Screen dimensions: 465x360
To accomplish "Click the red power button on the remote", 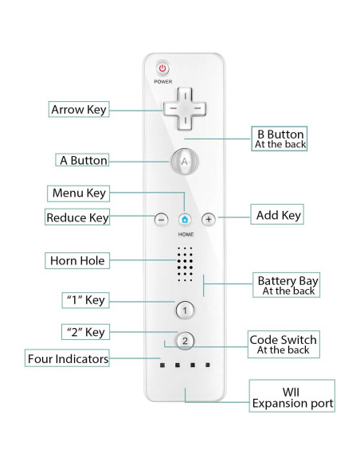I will click(x=162, y=68).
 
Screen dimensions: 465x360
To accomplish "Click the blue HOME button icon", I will click(x=185, y=218).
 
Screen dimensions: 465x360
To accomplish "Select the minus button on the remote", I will click(x=161, y=218).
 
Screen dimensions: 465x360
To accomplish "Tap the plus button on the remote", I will click(x=209, y=218).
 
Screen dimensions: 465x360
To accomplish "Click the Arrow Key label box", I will click(x=79, y=109).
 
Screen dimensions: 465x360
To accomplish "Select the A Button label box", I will click(x=83, y=160).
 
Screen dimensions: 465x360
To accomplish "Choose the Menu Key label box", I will click(x=78, y=193).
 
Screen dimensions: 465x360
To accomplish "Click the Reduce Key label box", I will click(x=77, y=217).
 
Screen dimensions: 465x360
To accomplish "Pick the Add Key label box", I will click(x=278, y=215).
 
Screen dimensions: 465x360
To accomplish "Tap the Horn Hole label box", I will click(x=77, y=260).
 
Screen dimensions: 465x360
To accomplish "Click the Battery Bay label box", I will click(x=288, y=285).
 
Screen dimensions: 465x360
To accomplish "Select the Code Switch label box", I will click(x=283, y=344).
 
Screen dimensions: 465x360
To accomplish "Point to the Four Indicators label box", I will click(x=67, y=359).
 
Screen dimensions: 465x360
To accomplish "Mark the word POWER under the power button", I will click(x=162, y=82).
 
